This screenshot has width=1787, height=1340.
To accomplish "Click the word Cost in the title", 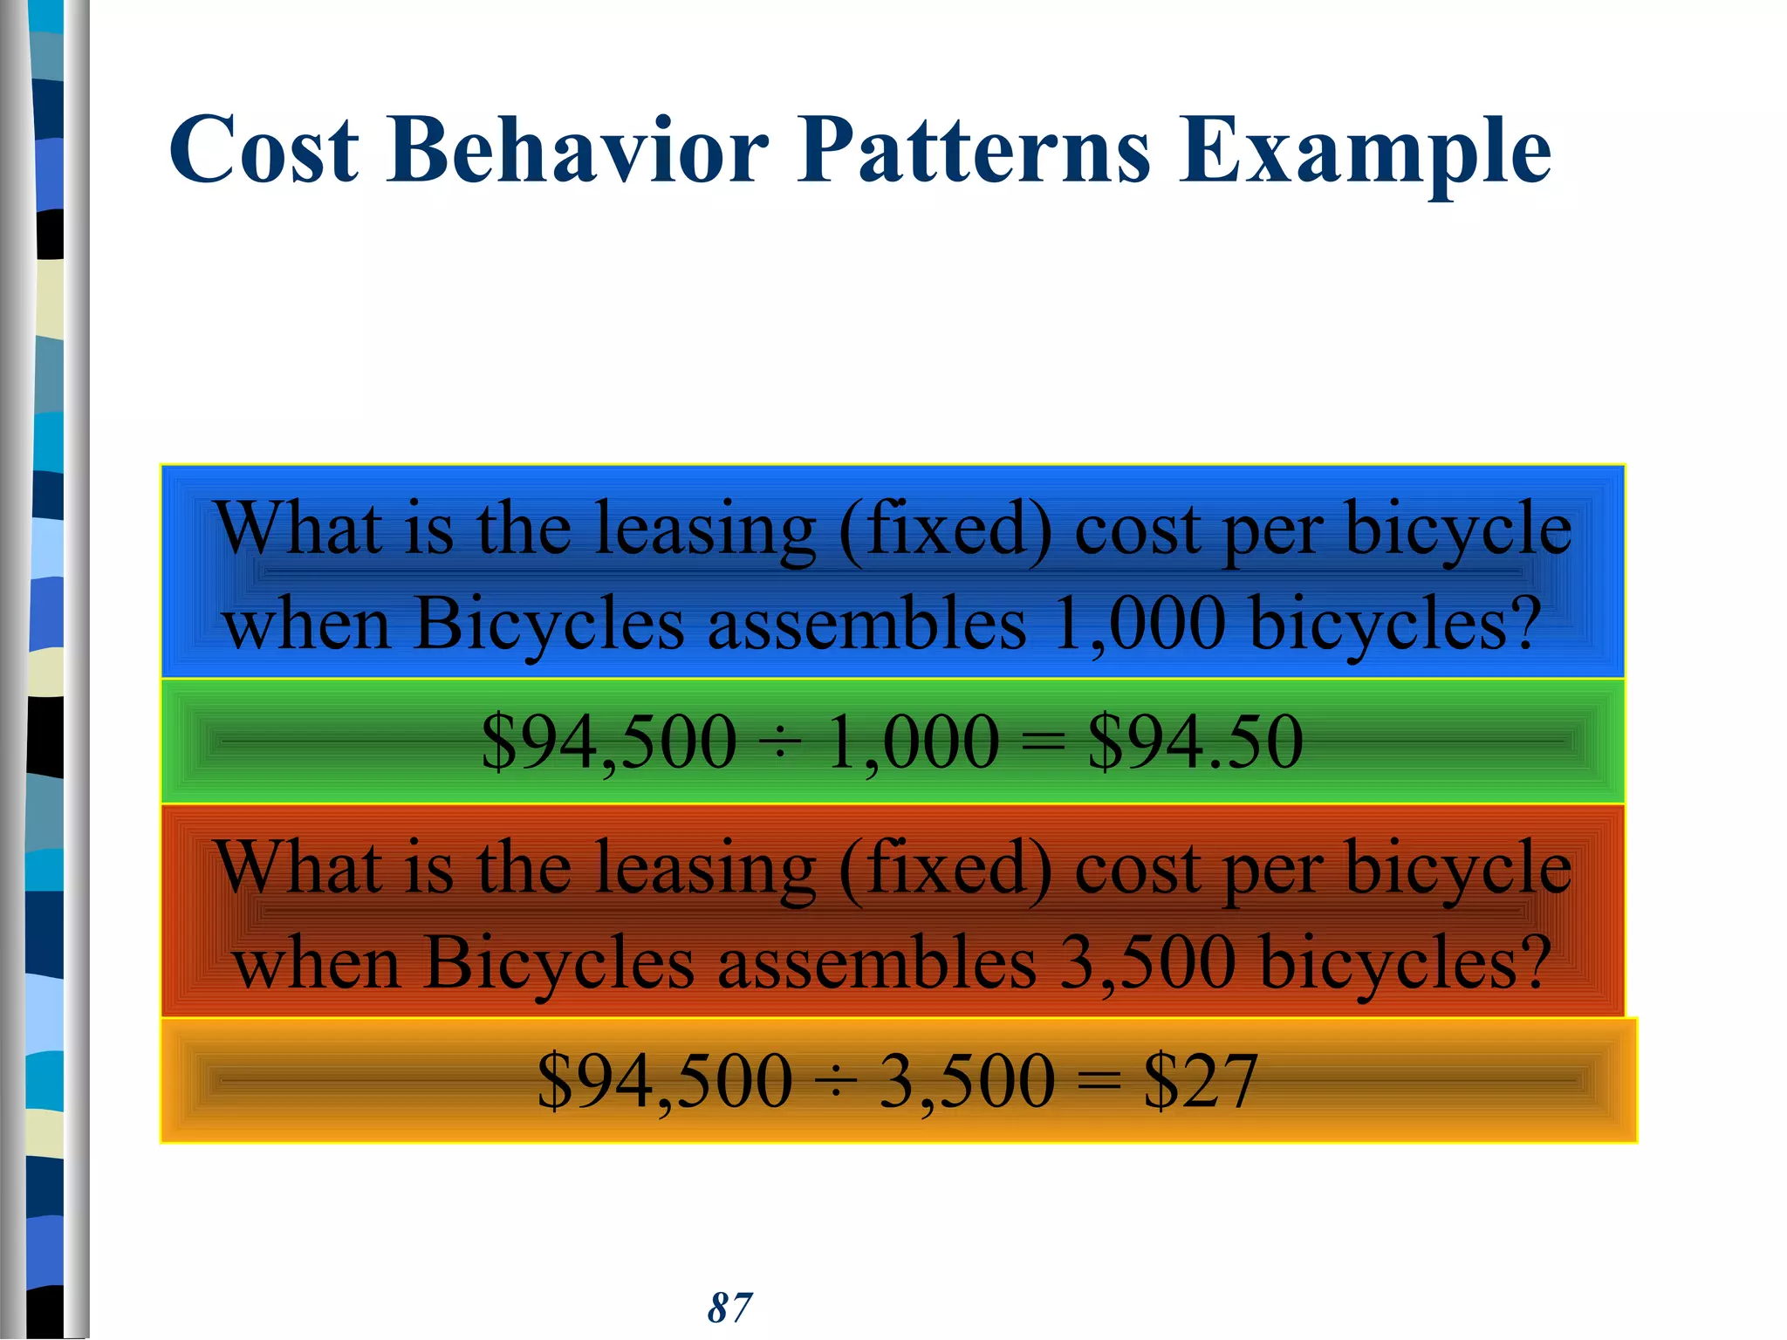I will tap(264, 150).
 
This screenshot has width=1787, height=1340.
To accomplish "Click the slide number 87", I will tap(729, 1308).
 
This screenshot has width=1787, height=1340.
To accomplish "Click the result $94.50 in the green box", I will tap(1195, 742).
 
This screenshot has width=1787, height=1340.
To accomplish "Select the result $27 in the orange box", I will tap(1201, 1081).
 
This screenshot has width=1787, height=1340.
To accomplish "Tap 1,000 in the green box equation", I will tap(913, 743).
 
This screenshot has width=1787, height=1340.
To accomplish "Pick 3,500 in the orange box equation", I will tap(968, 1083).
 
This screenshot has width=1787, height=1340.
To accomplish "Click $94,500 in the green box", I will tap(609, 743).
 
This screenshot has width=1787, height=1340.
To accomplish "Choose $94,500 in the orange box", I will tap(665, 1083).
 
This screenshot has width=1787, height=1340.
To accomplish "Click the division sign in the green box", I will tap(782, 743).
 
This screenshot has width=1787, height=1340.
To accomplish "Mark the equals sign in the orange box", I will tap(1099, 1083).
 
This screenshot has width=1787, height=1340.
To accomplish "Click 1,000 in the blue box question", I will tap(1138, 625).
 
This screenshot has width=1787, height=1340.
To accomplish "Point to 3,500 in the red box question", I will tap(1147, 964).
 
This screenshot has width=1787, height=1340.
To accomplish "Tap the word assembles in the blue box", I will tap(866, 625).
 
